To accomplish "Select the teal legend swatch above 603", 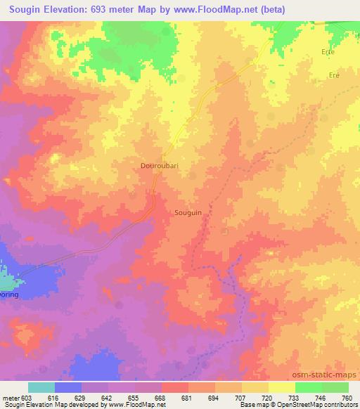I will click(41, 387).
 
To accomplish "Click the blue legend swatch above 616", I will click(68, 387).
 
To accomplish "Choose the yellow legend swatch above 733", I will click(282, 387).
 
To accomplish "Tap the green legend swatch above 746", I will click(309, 387).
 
